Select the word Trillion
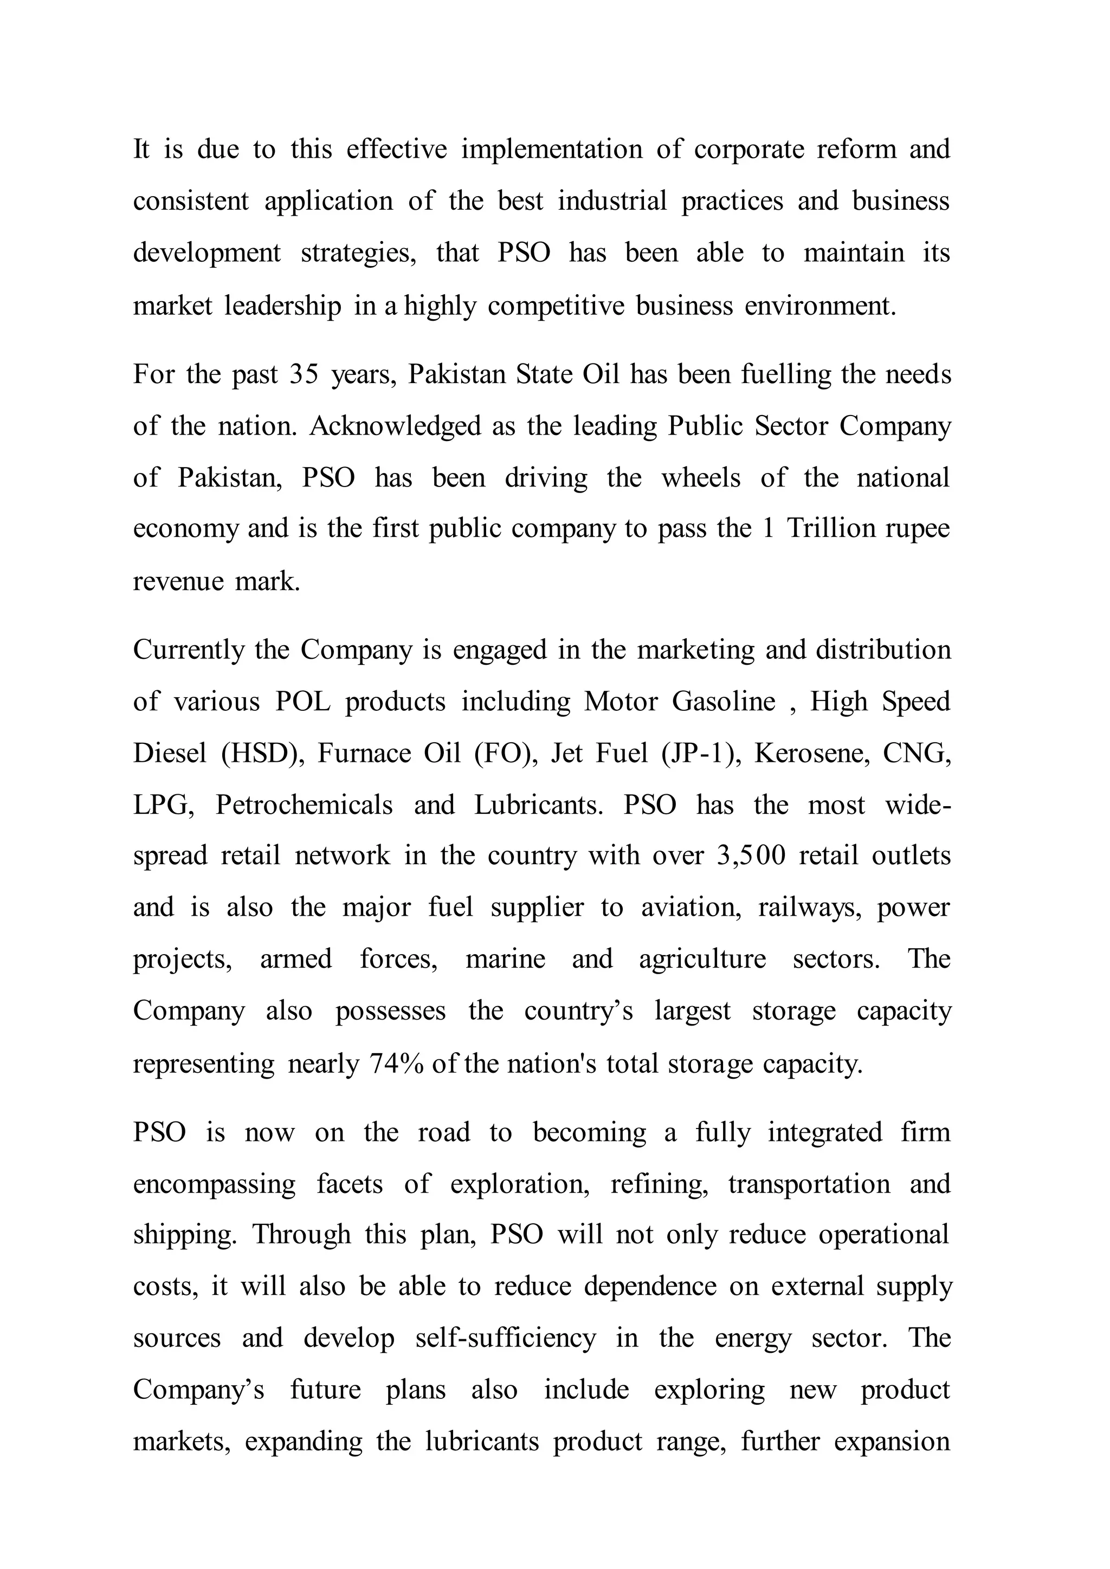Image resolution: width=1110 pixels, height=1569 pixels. point(830,528)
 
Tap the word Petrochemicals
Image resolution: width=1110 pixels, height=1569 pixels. point(304,805)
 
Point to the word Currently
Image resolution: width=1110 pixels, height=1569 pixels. point(188,650)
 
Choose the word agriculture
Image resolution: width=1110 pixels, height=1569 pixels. point(702,959)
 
